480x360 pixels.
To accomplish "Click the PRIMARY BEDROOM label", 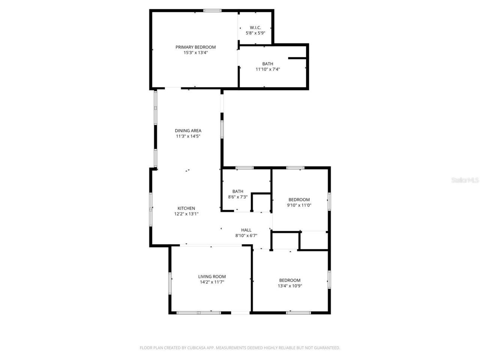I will pos(195,47).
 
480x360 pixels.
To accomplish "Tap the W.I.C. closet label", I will pos(255,28).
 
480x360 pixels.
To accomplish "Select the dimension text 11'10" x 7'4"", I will pos(268,69).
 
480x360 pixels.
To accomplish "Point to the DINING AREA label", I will pos(188,131).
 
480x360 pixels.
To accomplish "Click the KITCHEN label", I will pos(186,208).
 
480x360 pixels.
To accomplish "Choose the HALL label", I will pos(246,230).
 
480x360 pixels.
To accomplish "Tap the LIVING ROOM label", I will pos(212,277).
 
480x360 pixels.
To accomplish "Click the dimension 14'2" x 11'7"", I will pos(212,282).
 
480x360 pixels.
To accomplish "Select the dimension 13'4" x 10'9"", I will pos(290,286).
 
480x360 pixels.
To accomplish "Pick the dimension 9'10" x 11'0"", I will pos(299,205).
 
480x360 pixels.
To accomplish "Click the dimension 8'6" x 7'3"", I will pos(238,197).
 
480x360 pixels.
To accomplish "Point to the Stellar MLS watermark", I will pos(465,180).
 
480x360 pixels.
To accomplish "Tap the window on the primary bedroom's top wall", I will pos(212,11).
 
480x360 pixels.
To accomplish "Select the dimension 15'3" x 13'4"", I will pos(195,53).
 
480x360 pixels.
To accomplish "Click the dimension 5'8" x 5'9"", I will pos(255,33).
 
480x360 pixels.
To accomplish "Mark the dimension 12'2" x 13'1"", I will pos(186,214).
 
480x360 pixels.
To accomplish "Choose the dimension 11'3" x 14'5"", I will pos(188,136).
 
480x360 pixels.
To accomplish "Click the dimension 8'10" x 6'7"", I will pos(246,236).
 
